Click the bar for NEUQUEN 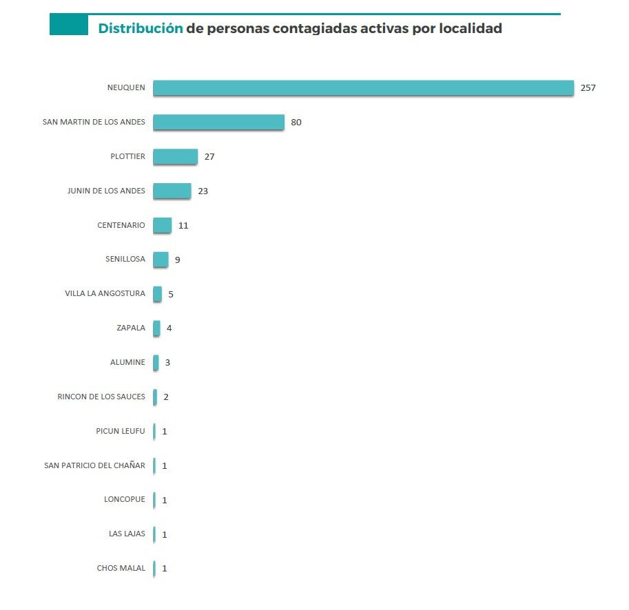363,87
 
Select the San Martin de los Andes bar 218,122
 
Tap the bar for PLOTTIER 175,156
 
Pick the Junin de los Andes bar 172,191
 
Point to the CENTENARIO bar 162,225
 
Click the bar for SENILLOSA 161,260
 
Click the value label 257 588,88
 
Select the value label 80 296,123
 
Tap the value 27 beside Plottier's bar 209,157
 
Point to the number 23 203,191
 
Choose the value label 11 183,226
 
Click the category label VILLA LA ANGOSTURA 105,293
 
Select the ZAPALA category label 131,328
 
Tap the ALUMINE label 127,362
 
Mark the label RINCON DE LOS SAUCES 101,397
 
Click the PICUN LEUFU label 121,431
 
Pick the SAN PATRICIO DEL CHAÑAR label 94,465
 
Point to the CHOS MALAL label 121,569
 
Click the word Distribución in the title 141,29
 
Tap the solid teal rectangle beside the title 69,25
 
